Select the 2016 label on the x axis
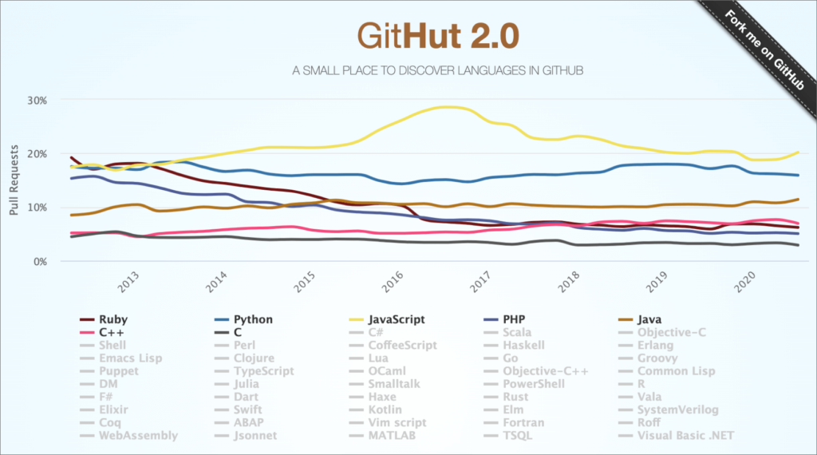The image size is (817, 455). point(391,284)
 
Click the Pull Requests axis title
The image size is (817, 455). point(14,181)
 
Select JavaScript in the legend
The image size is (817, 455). point(396,319)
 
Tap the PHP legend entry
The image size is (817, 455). point(515,319)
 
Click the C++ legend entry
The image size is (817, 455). point(111,332)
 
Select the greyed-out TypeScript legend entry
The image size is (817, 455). point(254,371)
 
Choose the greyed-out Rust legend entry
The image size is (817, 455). point(516,397)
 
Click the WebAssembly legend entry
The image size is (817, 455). point(137,436)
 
